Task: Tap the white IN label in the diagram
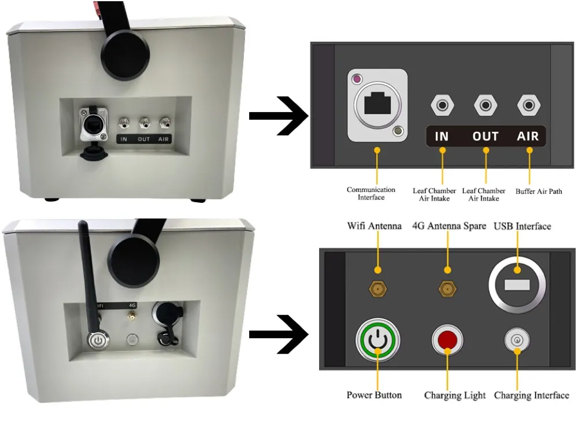442,136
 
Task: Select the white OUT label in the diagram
486,136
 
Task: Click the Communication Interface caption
371,194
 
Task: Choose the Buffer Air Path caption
539,191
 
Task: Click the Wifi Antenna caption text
374,226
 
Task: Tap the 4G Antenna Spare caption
449,226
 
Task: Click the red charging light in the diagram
447,339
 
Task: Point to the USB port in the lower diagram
517,285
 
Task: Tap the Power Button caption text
374,395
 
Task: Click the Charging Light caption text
455,396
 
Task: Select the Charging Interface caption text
531,396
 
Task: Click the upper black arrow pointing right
279,116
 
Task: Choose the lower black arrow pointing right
279,335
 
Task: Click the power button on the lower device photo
98,339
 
